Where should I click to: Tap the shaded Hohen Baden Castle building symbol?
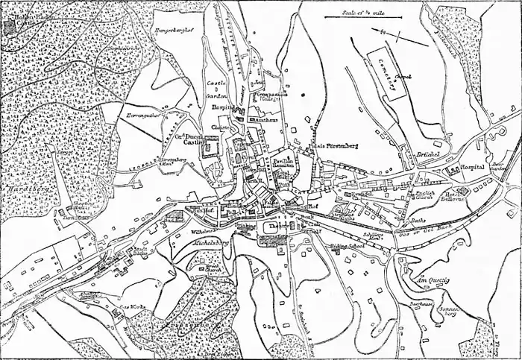pyautogui.click(x=8, y=27)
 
